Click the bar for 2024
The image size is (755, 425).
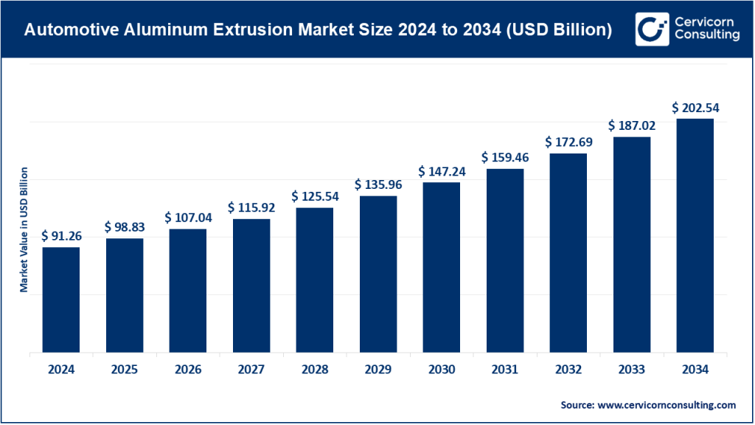[60, 300]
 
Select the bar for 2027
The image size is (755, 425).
[251, 286]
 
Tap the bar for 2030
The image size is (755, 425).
[441, 267]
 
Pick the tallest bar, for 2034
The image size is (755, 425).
[695, 235]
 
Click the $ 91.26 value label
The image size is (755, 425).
[60, 235]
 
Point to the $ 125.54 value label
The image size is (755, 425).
[315, 196]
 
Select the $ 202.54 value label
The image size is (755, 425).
[695, 108]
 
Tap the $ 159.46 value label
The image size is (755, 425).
[504, 157]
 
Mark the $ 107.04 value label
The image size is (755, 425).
[188, 218]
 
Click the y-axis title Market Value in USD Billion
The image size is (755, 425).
[24, 229]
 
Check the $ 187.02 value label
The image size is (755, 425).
[631, 126]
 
